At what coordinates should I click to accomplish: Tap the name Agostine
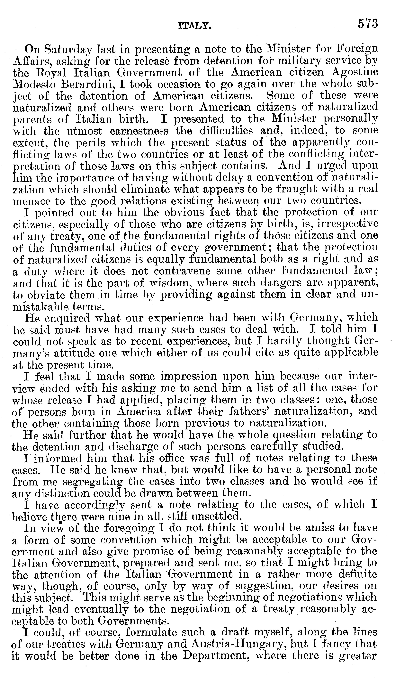point(356,73)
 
